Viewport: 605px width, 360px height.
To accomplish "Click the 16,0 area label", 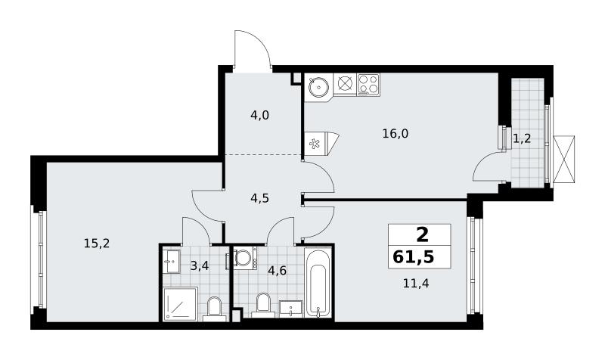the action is click(395, 134).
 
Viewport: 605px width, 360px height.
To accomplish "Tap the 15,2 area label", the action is click(97, 244).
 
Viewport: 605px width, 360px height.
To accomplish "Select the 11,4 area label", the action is click(416, 284).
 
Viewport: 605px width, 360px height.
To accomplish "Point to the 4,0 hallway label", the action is click(259, 115).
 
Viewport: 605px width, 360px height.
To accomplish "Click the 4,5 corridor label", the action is click(259, 198).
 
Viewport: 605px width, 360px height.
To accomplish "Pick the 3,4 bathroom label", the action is click(200, 265).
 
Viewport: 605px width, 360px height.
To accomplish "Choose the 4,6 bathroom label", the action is click(277, 271).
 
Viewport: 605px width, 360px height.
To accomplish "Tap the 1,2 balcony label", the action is click(522, 138).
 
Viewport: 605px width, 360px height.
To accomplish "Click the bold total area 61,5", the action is click(413, 256).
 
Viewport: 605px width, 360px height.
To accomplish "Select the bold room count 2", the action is click(423, 234).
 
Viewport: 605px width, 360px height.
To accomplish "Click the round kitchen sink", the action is click(318, 86).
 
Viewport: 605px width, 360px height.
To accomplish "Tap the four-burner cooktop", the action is click(368, 84).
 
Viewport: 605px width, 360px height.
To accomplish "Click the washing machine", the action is click(243, 258).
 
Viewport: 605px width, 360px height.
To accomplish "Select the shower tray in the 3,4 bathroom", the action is click(180, 304).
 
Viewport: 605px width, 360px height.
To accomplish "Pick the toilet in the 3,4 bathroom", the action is click(214, 309).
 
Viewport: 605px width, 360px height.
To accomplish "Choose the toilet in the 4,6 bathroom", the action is click(263, 305).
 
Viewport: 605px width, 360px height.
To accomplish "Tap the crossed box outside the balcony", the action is click(563, 159).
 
